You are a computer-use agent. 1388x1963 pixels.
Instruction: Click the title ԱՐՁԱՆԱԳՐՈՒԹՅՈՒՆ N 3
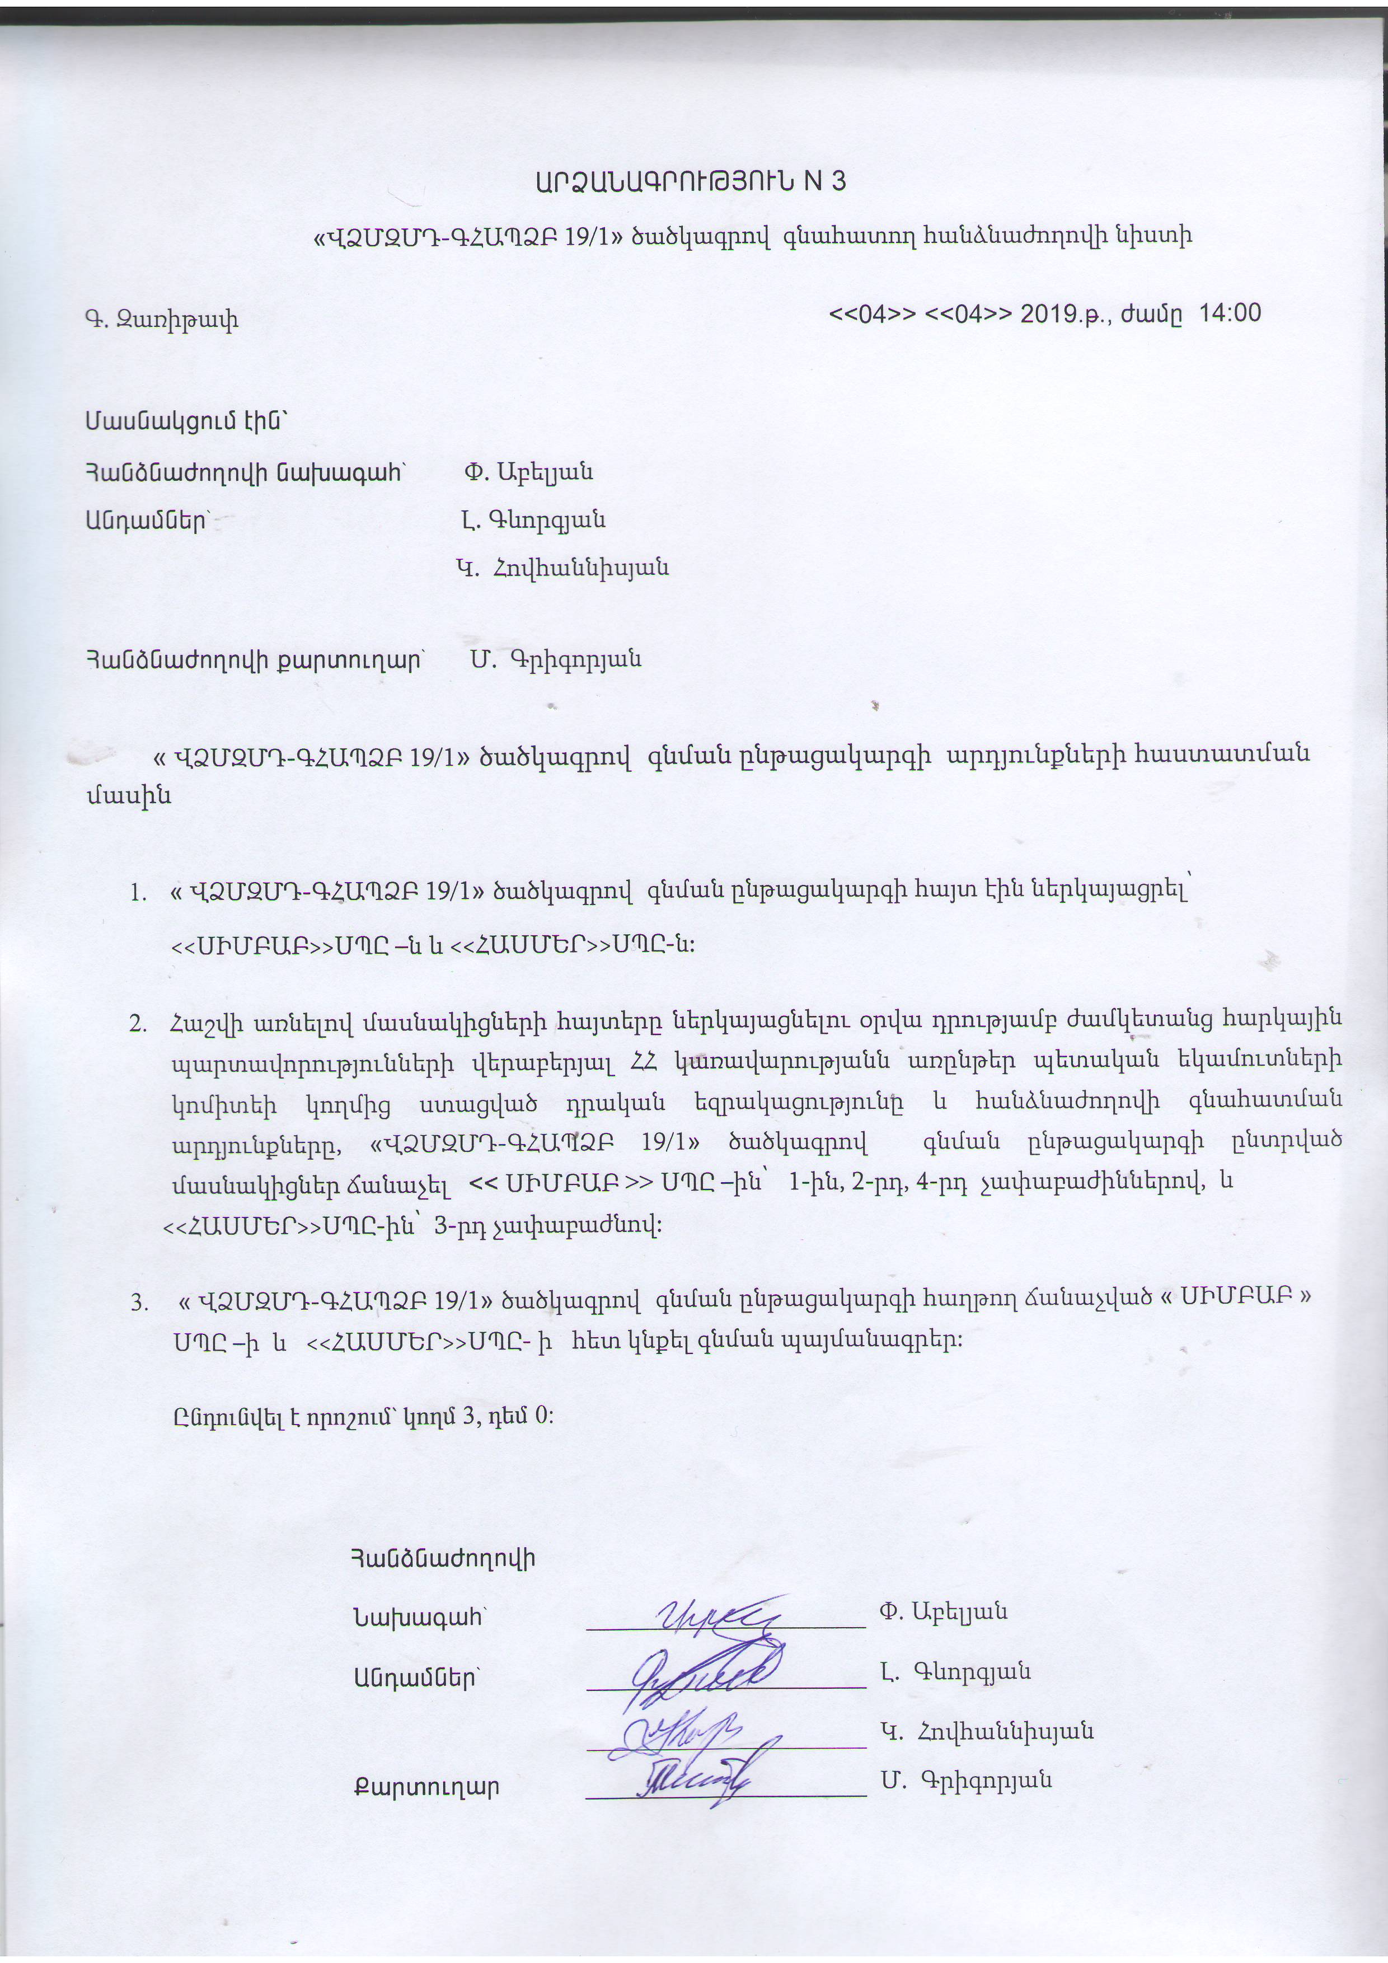691,181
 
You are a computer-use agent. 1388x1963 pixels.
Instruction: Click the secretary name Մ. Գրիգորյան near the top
556,659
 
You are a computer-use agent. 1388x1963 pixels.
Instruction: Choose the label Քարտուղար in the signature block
425,1787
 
